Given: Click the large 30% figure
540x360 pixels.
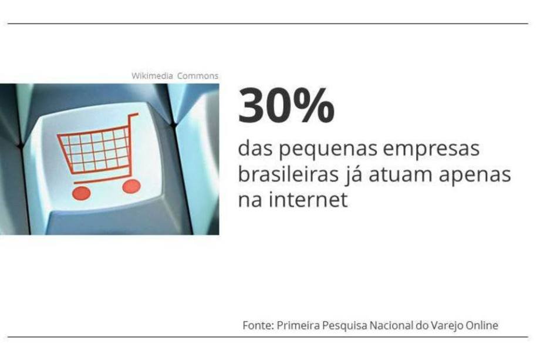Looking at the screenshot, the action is pyautogui.click(x=286, y=106).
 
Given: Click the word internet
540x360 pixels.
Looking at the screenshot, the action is pyautogui.click(x=308, y=199).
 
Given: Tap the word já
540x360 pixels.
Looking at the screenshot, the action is pyautogui.click(x=353, y=175).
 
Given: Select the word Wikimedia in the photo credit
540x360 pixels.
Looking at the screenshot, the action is pyautogui.click(x=152, y=76).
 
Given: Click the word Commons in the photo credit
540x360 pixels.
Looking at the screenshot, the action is pyautogui.click(x=198, y=76).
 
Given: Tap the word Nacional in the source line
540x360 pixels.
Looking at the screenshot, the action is pyautogui.click(x=392, y=325).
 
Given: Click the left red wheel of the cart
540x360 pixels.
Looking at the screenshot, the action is pyautogui.click(x=81, y=193).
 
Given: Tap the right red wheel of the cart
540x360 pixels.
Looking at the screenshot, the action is pyautogui.click(x=131, y=186).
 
